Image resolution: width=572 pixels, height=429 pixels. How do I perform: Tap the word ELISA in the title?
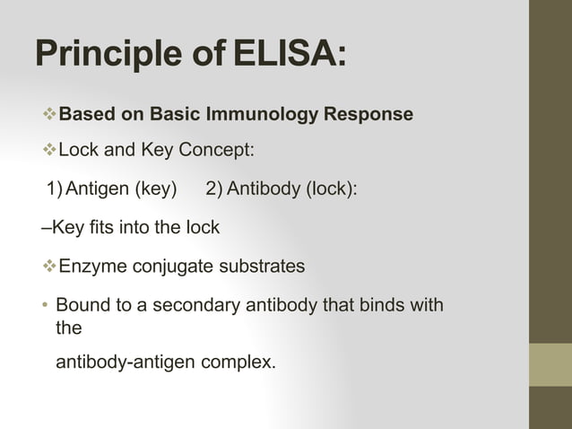pyautogui.click(x=289, y=56)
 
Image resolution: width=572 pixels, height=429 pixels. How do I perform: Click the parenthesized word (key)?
pyautogui.click(x=156, y=189)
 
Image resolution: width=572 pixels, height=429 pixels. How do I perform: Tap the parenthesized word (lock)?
pyautogui.click(x=326, y=189)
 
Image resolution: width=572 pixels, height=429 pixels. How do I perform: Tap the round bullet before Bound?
pyautogui.click(x=45, y=305)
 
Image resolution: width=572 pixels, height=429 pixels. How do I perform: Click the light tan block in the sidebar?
pyautogui.click(x=550, y=364)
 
